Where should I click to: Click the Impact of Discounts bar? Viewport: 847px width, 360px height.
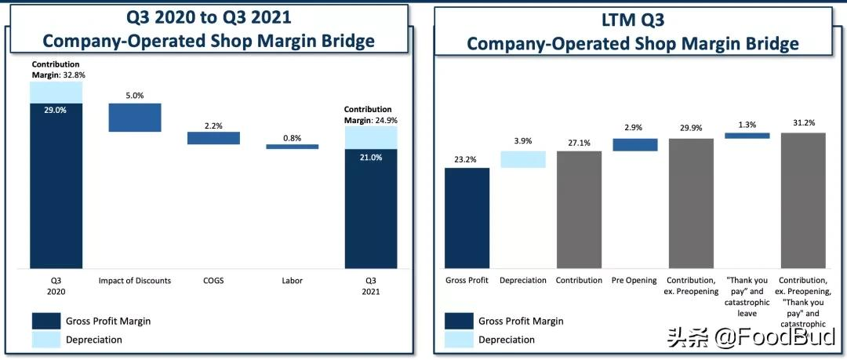pyautogui.click(x=135, y=118)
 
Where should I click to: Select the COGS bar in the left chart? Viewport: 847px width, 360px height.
pyautogui.click(x=213, y=138)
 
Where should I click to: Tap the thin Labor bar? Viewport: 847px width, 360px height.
pyautogui.click(x=292, y=147)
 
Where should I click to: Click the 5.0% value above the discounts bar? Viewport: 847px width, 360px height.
pyautogui.click(x=135, y=96)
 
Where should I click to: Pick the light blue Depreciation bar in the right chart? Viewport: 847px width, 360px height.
pyautogui.click(x=523, y=159)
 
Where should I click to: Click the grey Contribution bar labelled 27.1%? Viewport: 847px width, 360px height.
pyautogui.click(x=579, y=209)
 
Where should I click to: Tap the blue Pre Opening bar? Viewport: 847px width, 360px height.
pyautogui.click(x=634, y=144)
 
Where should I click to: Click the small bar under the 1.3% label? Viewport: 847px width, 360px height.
pyautogui.click(x=747, y=136)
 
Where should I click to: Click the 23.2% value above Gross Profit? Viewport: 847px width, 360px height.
pyautogui.click(x=467, y=159)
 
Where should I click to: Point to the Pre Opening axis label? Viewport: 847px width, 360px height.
pyautogui.click(x=634, y=281)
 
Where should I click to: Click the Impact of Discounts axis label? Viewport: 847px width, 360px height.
pyautogui.click(x=135, y=281)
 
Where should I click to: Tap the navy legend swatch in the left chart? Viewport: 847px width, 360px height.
pyautogui.click(x=46, y=321)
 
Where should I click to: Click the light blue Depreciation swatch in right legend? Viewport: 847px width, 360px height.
pyautogui.click(x=459, y=340)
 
